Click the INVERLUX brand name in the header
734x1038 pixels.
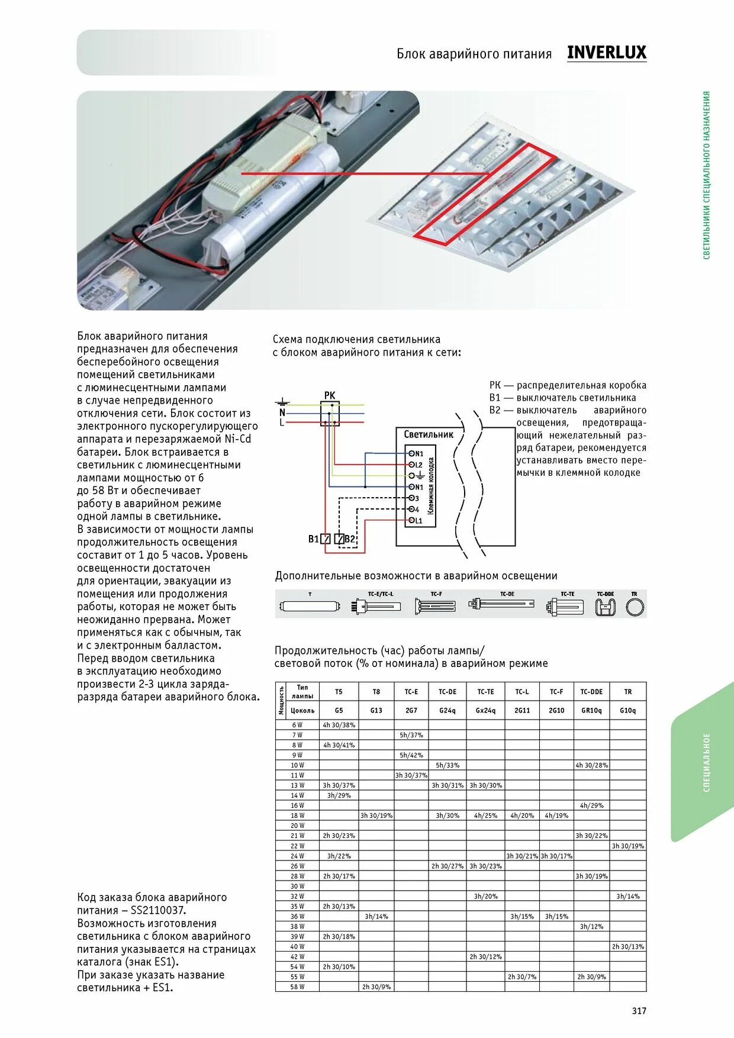click(606, 53)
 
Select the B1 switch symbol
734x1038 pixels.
click(325, 539)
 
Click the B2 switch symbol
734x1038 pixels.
click(339, 539)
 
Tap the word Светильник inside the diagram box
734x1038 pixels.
click(429, 434)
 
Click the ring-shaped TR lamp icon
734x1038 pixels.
click(635, 607)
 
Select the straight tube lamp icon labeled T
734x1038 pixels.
click(310, 607)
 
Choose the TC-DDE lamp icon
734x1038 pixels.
click(605, 607)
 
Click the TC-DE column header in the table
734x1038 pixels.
click(448, 691)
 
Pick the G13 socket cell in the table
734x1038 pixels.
click(376, 710)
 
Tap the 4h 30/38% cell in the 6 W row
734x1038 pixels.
click(339, 725)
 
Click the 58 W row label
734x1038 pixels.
click(297, 987)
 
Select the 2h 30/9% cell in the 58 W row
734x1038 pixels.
click(376, 987)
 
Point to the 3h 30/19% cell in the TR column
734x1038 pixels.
click(628, 846)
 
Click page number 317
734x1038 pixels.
click(639, 1011)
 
